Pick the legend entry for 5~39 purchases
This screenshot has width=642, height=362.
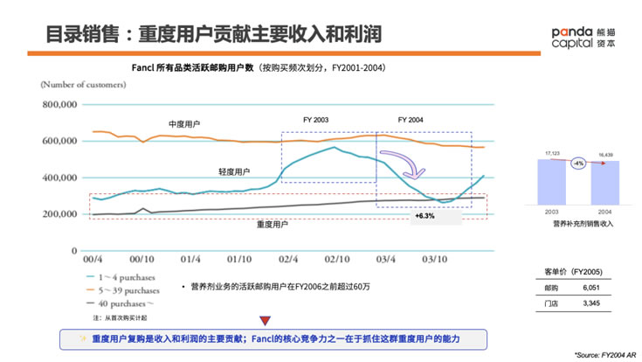click(121, 289)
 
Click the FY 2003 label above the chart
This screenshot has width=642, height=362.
click(315, 119)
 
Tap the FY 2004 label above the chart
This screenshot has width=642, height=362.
click(410, 119)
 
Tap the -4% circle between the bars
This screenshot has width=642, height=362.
click(577, 164)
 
